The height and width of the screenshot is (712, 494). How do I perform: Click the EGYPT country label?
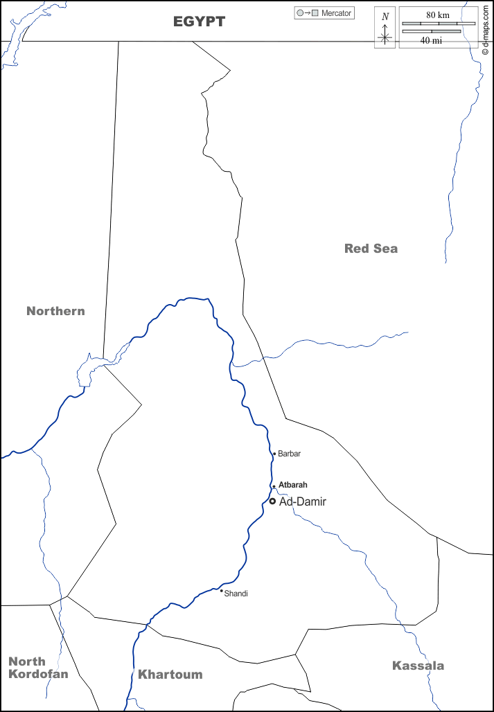tap(199, 22)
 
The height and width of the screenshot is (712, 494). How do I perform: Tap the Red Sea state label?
tap(371, 249)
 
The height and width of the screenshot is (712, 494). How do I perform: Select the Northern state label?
tap(55, 311)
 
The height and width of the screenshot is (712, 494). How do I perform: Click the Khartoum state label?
tap(170, 675)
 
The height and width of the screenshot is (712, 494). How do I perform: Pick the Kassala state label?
tap(418, 666)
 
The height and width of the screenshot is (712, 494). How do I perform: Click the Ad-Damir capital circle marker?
tap(272, 501)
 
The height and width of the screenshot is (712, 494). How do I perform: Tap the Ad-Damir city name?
tap(302, 501)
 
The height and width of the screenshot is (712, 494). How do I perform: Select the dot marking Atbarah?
tap(274, 486)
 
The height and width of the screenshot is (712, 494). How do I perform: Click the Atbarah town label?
tap(292, 485)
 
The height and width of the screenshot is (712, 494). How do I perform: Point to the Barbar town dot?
tap(274, 454)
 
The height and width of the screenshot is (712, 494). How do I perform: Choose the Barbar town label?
tap(290, 454)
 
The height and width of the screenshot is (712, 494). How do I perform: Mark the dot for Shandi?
tap(221, 591)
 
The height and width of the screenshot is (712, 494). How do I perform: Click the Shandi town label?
tap(236, 594)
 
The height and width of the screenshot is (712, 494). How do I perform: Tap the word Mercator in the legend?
tap(337, 13)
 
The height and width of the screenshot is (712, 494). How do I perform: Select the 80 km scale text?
tap(438, 15)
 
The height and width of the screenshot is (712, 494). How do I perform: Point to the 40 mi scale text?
tap(432, 40)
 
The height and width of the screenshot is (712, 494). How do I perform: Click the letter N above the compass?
tap(385, 16)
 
